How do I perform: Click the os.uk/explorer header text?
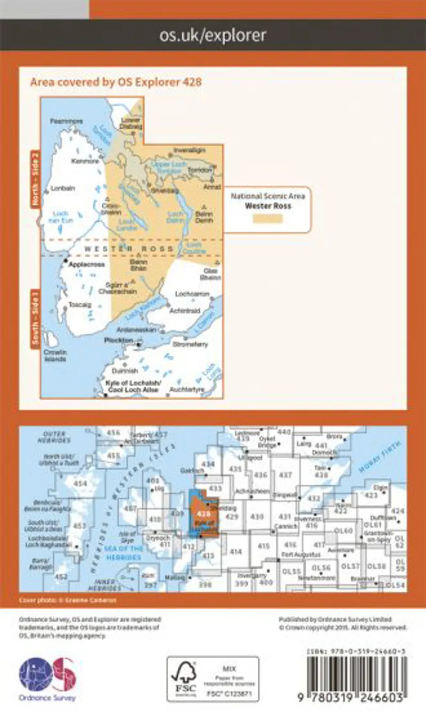coord(212,36)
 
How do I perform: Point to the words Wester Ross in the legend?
coord(268,206)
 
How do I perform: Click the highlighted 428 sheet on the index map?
coord(202,515)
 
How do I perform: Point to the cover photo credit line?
coord(67,600)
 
